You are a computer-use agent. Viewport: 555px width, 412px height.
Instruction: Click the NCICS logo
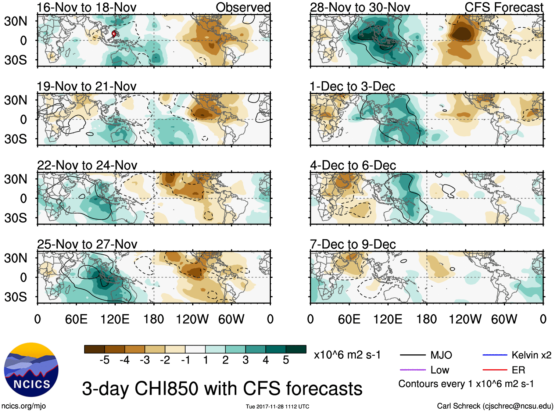[x=31, y=369]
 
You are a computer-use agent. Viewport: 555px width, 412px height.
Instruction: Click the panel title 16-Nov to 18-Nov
[x=87, y=7]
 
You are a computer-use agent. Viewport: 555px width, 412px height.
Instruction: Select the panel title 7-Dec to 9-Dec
[x=353, y=244]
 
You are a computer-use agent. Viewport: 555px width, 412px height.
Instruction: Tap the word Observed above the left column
[x=243, y=7]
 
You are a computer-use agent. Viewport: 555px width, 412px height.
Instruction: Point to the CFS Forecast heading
[x=504, y=7]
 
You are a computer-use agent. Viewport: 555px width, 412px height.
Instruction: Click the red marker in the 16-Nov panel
[x=114, y=34]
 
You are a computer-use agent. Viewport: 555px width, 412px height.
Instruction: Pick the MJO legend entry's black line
[x=412, y=355]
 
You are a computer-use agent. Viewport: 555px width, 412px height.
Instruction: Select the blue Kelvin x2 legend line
[x=495, y=355]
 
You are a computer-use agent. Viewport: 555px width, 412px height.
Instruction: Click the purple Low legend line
[x=412, y=370]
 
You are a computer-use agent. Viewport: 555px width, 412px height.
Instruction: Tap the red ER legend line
[x=495, y=370]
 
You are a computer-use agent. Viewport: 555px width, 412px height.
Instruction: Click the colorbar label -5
[x=104, y=360]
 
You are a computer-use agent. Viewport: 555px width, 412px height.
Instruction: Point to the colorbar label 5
[x=286, y=360]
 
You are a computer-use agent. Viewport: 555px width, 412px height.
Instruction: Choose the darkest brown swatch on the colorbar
[x=94, y=349]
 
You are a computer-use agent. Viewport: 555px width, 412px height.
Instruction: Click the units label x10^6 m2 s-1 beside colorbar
[x=347, y=355]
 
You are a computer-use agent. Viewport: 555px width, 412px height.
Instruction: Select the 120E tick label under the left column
[x=115, y=319]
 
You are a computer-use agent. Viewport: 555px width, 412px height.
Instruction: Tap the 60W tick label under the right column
[x=504, y=319]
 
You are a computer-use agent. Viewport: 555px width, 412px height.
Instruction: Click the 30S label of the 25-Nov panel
[x=16, y=297]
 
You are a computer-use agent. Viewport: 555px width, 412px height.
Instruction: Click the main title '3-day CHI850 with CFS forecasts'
[x=222, y=388]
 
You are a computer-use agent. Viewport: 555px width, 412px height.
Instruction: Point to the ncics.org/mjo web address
[x=24, y=406]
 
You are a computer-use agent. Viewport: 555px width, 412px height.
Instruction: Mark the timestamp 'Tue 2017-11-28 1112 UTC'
[x=277, y=406]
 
